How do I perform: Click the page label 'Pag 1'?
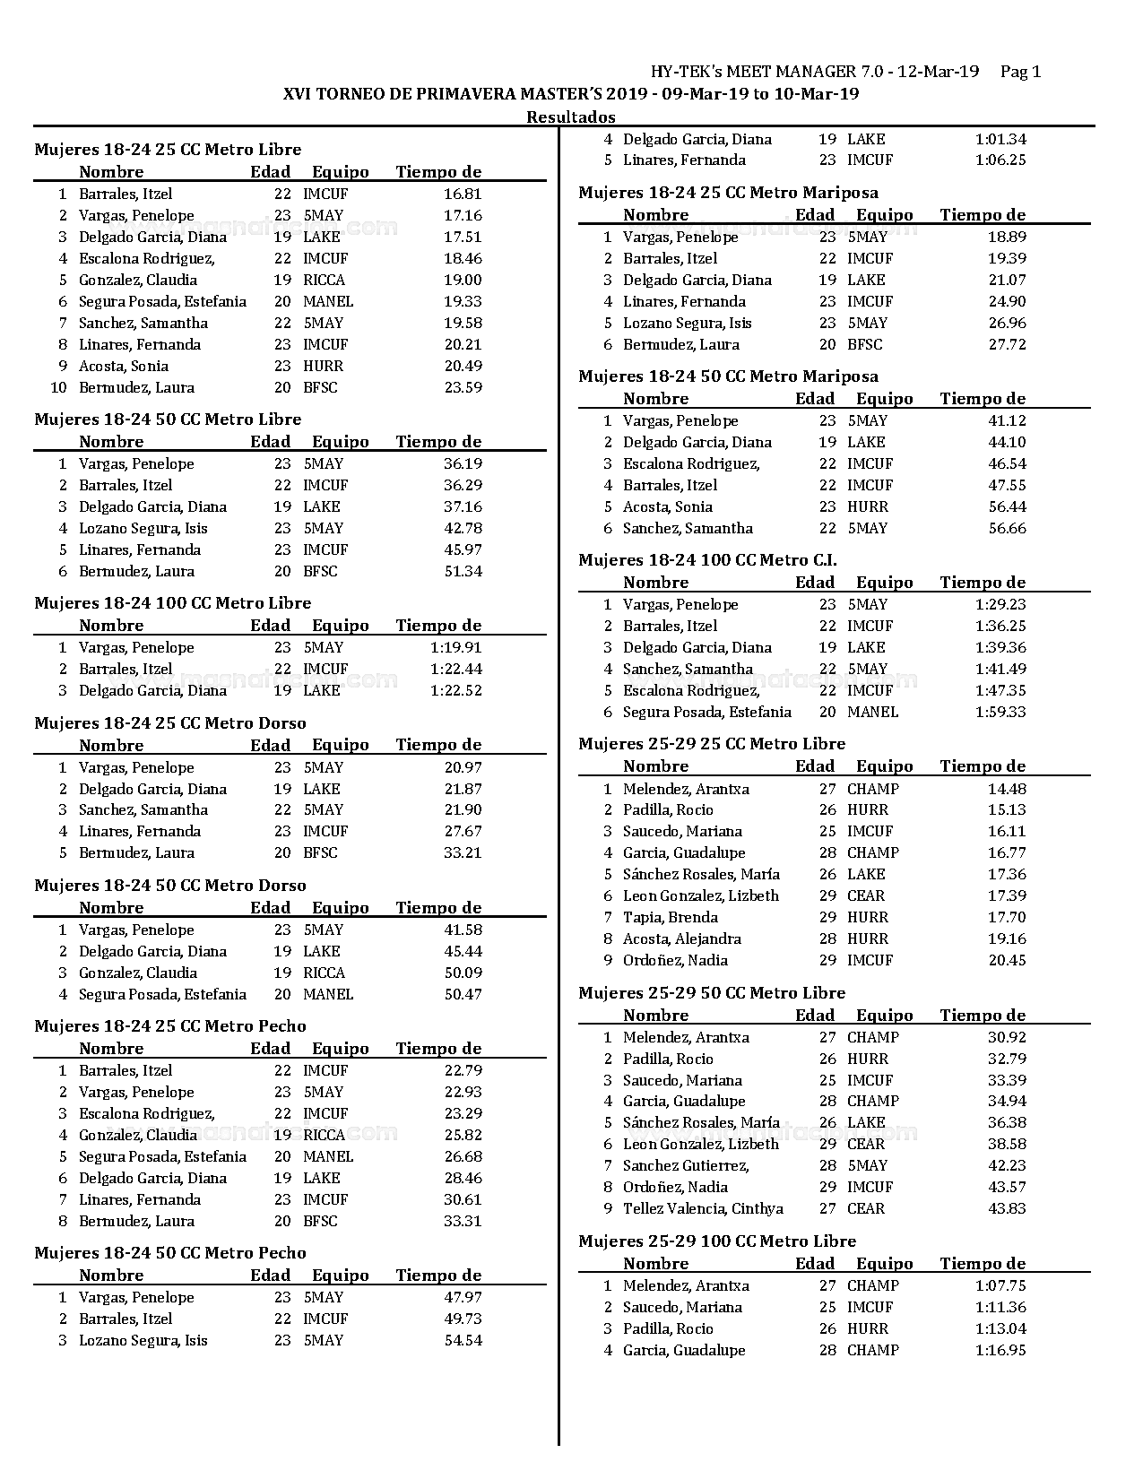point(1020,72)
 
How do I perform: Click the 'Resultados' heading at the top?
point(570,117)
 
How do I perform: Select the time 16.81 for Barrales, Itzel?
point(463,194)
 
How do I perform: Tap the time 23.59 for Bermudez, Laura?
point(463,387)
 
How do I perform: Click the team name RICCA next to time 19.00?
point(324,280)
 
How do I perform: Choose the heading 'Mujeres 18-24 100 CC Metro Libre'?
point(172,602)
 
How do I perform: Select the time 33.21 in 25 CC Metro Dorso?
point(463,852)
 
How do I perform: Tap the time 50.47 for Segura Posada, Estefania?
point(463,994)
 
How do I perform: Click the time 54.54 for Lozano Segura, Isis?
point(463,1340)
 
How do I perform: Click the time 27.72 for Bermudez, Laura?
point(1007,344)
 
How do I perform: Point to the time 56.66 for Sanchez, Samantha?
point(1007,528)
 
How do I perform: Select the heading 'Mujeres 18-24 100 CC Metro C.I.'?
point(707,560)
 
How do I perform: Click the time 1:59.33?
point(1000,712)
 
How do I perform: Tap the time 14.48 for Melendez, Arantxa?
point(1007,789)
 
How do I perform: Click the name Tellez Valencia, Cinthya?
point(703,1208)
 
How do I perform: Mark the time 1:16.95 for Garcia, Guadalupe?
point(1000,1350)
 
